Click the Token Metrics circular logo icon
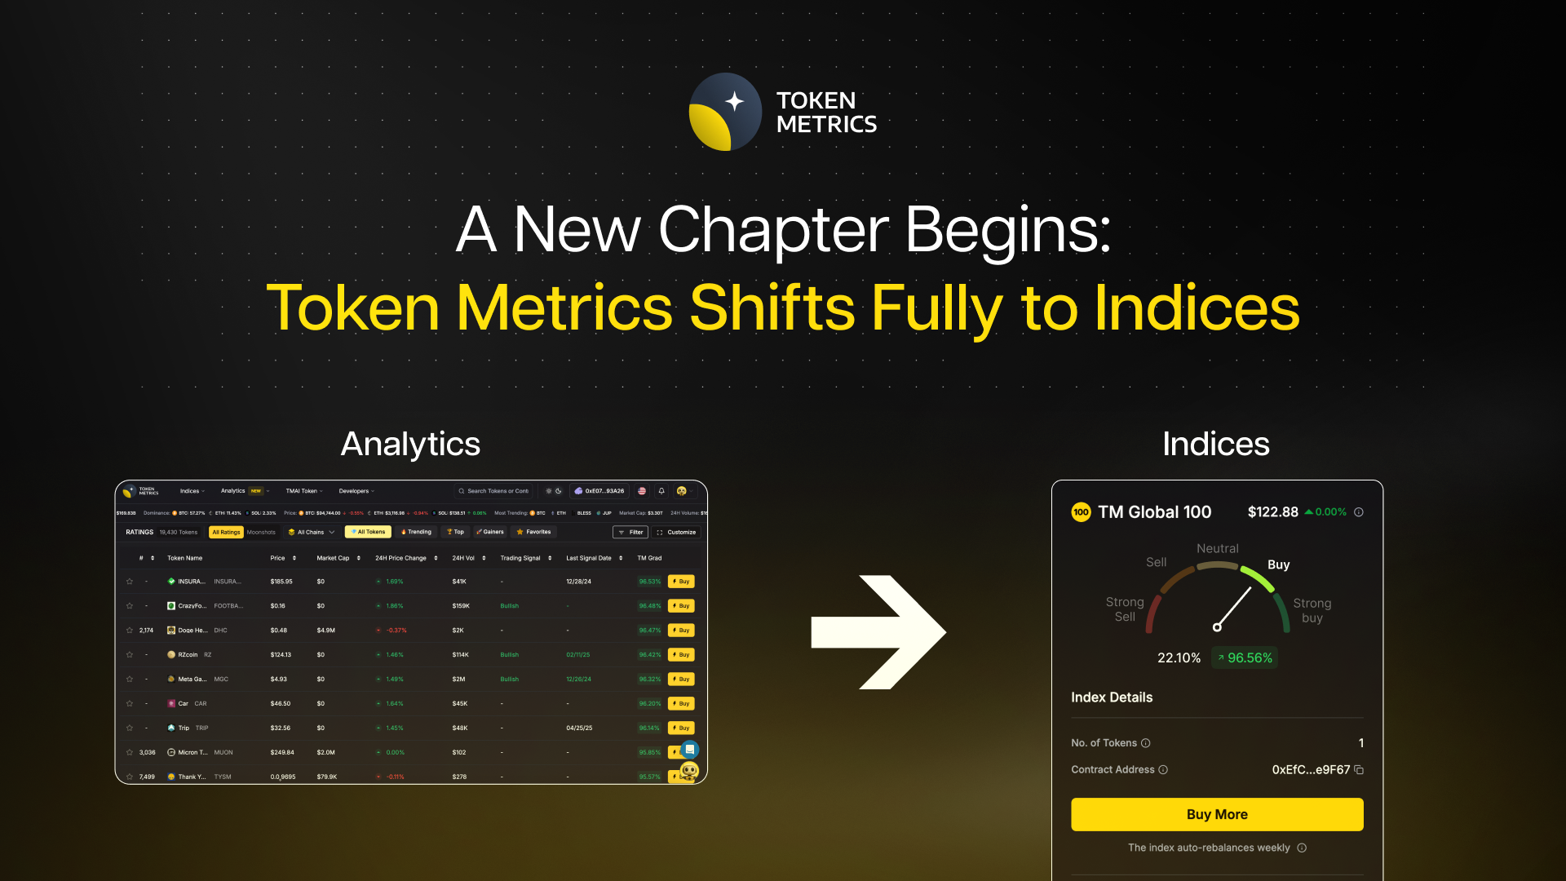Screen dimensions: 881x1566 (x=725, y=112)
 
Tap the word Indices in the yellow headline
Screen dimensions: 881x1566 (x=1197, y=308)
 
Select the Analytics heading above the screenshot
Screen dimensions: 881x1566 (x=410, y=444)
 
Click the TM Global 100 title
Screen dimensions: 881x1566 (x=1154, y=512)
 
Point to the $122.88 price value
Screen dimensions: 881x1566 (x=1272, y=512)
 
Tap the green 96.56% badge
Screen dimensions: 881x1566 (x=1245, y=657)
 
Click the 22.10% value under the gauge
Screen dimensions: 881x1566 (x=1179, y=657)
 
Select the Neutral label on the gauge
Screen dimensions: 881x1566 (x=1217, y=548)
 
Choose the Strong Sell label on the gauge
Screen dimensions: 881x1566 (x=1125, y=609)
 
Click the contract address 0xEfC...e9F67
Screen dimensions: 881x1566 (x=1311, y=769)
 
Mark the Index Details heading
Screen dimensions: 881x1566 (x=1112, y=697)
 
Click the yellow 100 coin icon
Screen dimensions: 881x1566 (x=1081, y=512)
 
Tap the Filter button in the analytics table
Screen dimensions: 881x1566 (x=630, y=532)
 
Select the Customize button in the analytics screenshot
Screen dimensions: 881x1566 (x=676, y=532)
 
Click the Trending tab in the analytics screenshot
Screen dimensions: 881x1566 (x=416, y=532)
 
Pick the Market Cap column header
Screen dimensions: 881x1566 (x=333, y=558)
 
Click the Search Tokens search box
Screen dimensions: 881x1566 (x=493, y=491)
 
